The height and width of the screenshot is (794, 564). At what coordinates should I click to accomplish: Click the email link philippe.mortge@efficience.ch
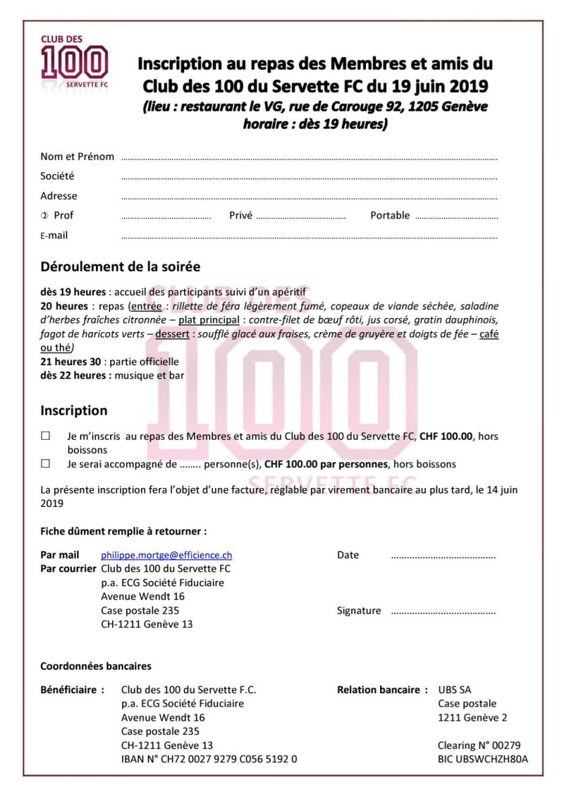(167, 555)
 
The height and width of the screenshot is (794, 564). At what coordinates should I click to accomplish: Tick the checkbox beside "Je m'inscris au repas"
(46, 436)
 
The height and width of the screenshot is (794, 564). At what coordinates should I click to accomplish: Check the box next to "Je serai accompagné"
(46, 463)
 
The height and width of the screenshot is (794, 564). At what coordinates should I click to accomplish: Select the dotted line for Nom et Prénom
(309, 159)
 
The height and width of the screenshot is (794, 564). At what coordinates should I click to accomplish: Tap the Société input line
(309, 178)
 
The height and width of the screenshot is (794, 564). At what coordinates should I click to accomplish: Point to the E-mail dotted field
(309, 237)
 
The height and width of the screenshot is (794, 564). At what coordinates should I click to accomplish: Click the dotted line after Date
(443, 557)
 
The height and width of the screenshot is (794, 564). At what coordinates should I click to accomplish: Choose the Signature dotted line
(443, 613)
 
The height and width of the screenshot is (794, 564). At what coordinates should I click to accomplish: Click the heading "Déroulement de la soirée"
(120, 267)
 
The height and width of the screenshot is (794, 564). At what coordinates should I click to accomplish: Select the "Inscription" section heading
(74, 410)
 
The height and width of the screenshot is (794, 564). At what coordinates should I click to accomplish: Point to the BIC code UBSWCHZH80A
(483, 759)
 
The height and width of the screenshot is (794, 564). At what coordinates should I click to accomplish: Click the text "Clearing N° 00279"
(479, 745)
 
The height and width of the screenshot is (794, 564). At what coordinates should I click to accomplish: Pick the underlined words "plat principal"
(209, 319)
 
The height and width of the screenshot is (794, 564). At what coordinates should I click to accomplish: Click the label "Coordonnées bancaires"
(96, 666)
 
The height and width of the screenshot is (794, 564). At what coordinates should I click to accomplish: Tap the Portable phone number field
(457, 218)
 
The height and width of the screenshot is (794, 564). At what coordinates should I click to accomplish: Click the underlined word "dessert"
(173, 333)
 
